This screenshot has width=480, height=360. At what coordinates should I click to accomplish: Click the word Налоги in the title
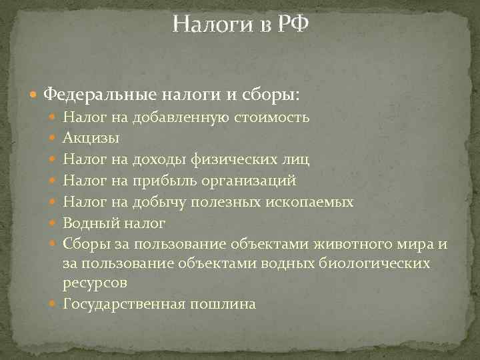click(x=213, y=25)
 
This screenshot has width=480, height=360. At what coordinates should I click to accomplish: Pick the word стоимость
click(x=270, y=118)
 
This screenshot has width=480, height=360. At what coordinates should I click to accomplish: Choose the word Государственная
click(x=123, y=304)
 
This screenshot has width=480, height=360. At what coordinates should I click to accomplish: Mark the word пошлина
click(x=223, y=304)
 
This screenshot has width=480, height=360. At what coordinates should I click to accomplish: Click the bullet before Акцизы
click(x=54, y=139)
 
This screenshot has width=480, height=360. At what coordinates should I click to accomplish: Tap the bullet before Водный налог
click(x=54, y=222)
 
